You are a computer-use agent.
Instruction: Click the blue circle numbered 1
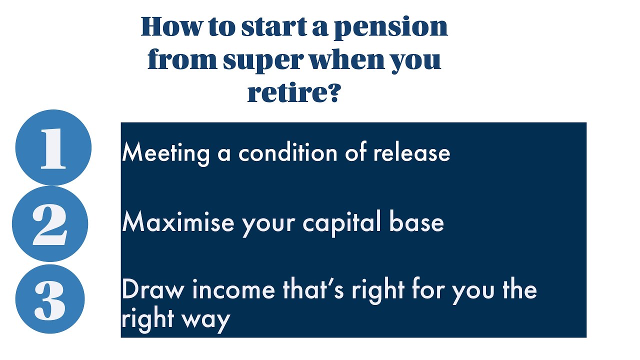coord(53,147)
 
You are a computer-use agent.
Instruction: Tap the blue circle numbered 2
coord(50,223)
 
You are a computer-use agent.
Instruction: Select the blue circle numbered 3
coord(50,299)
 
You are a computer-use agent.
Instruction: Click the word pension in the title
coord(390,27)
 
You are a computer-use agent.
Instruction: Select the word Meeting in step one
coord(165,152)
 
